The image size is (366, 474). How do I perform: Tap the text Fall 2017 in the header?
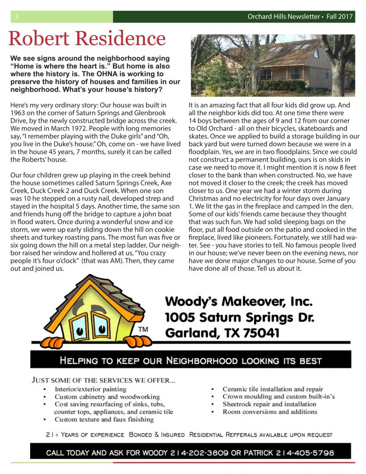[340, 17]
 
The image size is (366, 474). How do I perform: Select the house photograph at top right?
[273, 65]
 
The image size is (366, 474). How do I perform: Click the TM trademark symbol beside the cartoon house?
[143, 329]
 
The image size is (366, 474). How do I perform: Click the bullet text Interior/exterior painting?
[90, 389]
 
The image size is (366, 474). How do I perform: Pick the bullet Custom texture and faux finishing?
[104, 419]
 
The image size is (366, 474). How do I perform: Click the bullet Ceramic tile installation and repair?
[273, 389]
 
